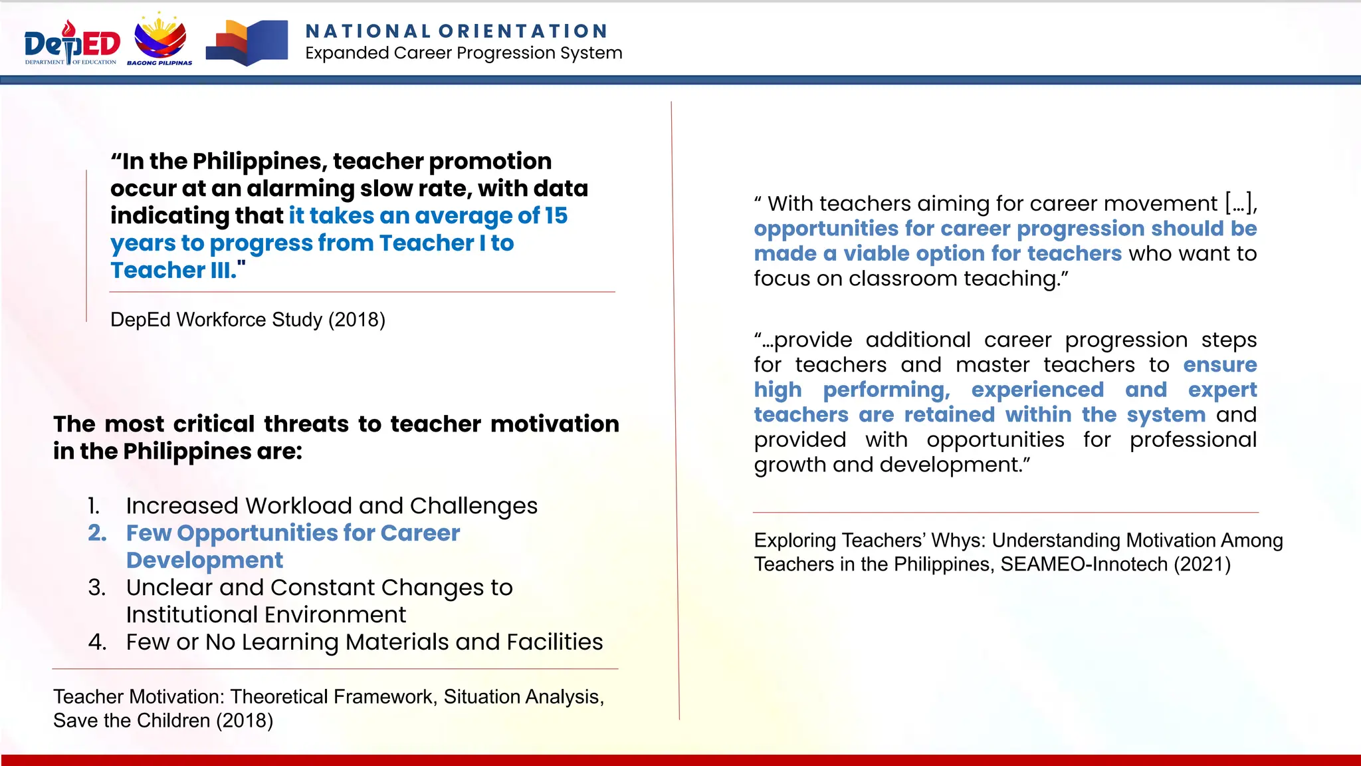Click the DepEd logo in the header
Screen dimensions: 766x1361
(x=72, y=43)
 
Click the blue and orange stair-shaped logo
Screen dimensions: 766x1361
(x=247, y=43)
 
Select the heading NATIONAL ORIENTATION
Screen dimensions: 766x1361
(x=457, y=31)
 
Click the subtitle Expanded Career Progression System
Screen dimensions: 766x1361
(x=463, y=53)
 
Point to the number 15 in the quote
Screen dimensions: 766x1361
(x=556, y=215)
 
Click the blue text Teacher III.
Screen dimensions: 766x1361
(x=174, y=271)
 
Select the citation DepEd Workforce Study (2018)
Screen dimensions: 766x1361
(x=247, y=320)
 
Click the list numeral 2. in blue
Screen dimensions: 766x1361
(x=97, y=533)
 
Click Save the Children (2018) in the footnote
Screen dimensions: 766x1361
(x=163, y=721)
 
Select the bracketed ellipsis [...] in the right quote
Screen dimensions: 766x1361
(x=1240, y=203)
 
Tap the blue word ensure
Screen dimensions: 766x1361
(x=1219, y=365)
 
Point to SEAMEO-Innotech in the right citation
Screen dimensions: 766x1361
(x=1084, y=565)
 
